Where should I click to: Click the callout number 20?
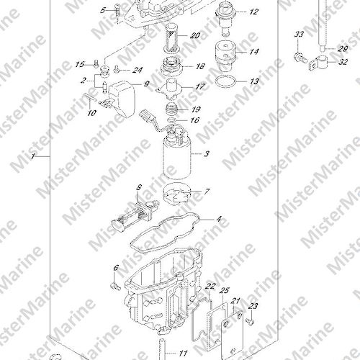(x=195, y=35)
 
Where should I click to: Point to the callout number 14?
(x=253, y=52)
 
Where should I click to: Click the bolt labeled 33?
(x=300, y=58)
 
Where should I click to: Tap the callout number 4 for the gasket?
(x=219, y=219)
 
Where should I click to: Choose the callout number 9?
(x=146, y=84)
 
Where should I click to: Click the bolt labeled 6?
(x=115, y=286)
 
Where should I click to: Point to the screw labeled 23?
(x=250, y=321)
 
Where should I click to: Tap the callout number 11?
(x=183, y=354)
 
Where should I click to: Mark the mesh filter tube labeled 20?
(x=171, y=37)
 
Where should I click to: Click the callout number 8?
(x=139, y=187)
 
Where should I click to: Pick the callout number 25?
(x=225, y=291)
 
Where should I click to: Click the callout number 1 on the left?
(x=32, y=156)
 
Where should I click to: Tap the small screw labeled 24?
(x=117, y=69)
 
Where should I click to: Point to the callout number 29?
(x=343, y=49)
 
